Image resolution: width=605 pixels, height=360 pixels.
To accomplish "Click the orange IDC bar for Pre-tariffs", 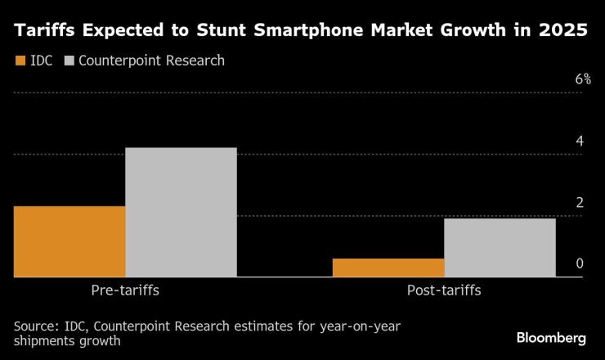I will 69,241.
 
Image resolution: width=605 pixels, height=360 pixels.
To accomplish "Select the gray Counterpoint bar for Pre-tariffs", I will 181,213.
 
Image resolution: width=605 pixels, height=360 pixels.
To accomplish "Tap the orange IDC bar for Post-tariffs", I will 388,268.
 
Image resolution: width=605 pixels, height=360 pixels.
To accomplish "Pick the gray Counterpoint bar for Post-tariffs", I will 500,248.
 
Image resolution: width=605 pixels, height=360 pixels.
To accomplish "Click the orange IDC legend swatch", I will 20,61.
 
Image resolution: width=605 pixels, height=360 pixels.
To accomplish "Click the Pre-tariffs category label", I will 125,291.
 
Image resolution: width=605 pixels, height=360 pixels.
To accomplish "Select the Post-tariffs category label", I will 444,291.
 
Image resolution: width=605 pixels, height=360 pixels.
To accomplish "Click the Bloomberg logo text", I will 551,337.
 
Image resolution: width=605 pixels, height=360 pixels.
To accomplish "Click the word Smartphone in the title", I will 279,32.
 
